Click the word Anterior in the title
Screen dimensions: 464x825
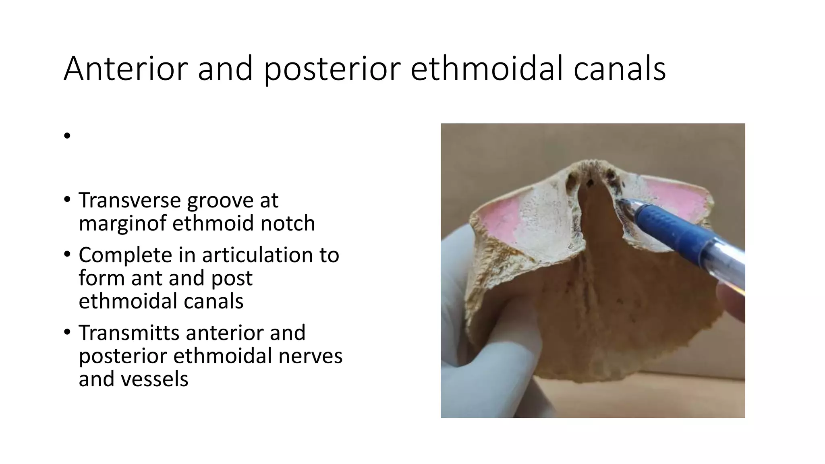point(125,68)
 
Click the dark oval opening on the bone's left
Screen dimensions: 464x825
point(571,183)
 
